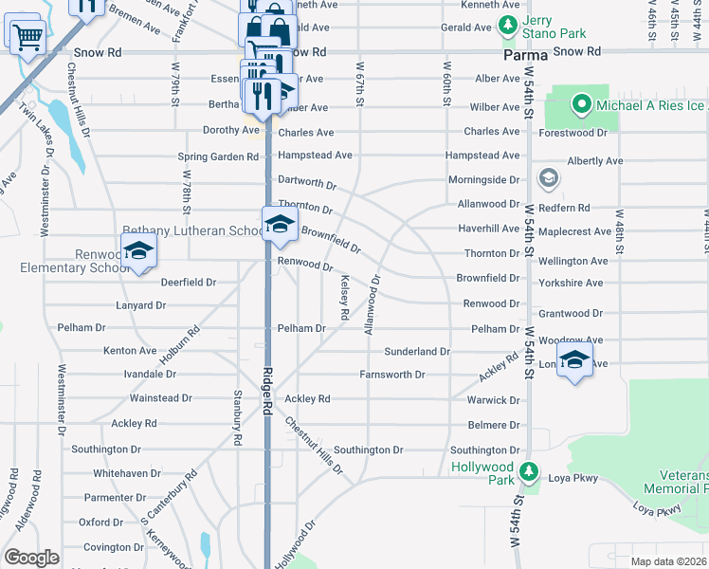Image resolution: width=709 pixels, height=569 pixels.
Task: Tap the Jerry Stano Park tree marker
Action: [x=509, y=25]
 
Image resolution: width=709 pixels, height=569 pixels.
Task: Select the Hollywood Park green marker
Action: [x=530, y=470]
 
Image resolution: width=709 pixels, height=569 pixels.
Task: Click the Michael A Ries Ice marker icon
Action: [x=580, y=103]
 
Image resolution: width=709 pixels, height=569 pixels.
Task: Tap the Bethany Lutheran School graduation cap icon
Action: [x=279, y=225]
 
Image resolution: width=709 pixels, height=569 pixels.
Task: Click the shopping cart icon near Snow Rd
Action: [x=27, y=37]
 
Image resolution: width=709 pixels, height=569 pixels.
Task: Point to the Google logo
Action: [x=31, y=558]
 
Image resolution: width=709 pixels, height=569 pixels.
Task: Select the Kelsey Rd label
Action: [x=345, y=296]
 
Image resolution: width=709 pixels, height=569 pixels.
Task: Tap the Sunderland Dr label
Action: [x=416, y=351]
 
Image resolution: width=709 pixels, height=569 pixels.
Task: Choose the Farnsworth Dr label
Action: [x=391, y=375]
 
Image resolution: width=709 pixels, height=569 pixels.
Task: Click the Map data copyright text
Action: [x=667, y=561]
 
